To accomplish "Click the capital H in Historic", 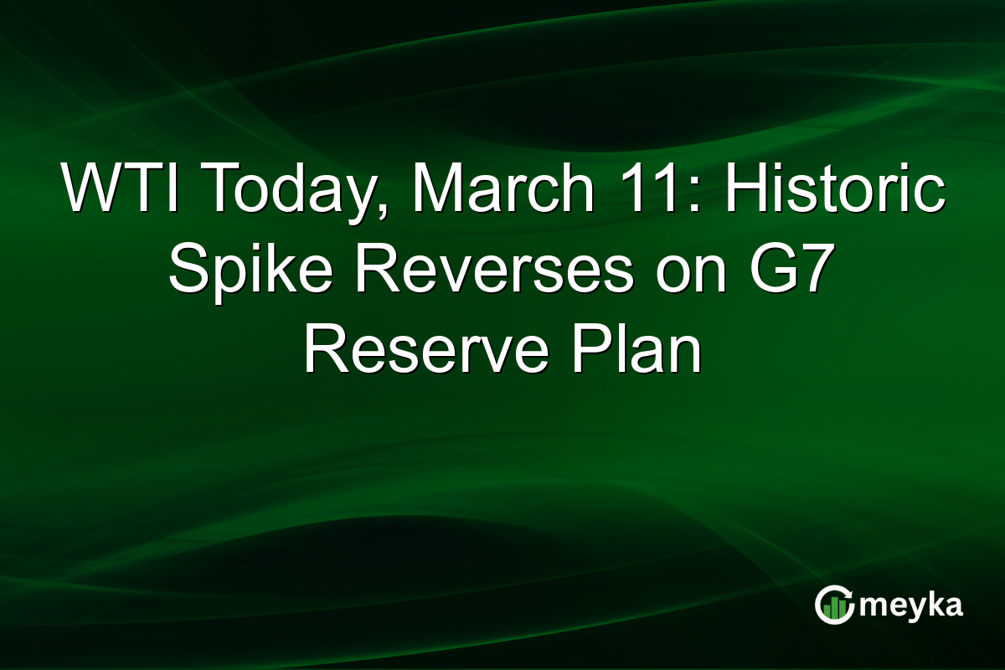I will [747, 192].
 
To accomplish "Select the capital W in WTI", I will [91, 192].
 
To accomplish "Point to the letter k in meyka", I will [930, 603].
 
